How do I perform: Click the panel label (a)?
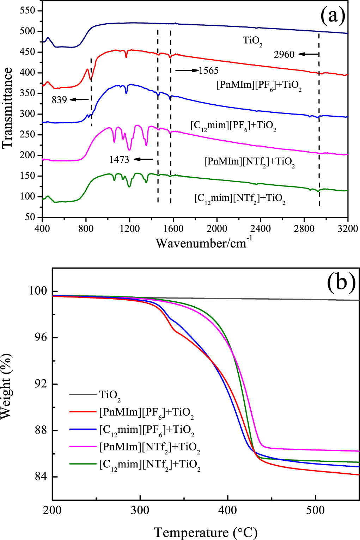(x=332, y=16)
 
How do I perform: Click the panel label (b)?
(x=341, y=282)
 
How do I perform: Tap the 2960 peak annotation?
(x=284, y=54)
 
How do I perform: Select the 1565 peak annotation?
(x=209, y=70)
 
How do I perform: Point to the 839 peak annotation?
(x=59, y=100)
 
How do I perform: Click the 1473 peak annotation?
(x=119, y=159)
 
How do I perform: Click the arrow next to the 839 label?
(x=79, y=99)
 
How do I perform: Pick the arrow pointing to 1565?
(x=187, y=70)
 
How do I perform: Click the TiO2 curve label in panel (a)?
(x=252, y=41)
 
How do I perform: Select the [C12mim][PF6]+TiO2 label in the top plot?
(x=233, y=126)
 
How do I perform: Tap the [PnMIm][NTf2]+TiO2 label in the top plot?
(x=249, y=162)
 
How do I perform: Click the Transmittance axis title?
(x=7, y=108)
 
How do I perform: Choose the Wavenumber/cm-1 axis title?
(x=204, y=243)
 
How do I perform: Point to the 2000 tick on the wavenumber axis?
(x=217, y=228)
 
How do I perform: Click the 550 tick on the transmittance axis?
(x=28, y=11)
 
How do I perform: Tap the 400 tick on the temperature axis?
(x=228, y=510)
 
